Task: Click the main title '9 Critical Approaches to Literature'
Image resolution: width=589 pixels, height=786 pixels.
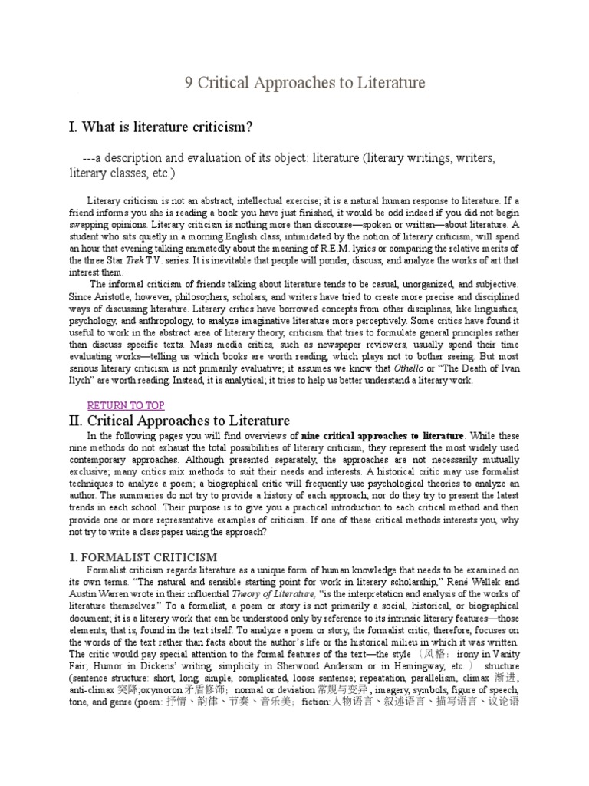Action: (x=304, y=82)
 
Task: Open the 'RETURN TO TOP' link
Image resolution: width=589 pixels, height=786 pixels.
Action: (x=125, y=405)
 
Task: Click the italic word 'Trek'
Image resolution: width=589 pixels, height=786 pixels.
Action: (x=135, y=260)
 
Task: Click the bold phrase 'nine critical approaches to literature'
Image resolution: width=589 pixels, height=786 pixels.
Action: (x=383, y=436)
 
